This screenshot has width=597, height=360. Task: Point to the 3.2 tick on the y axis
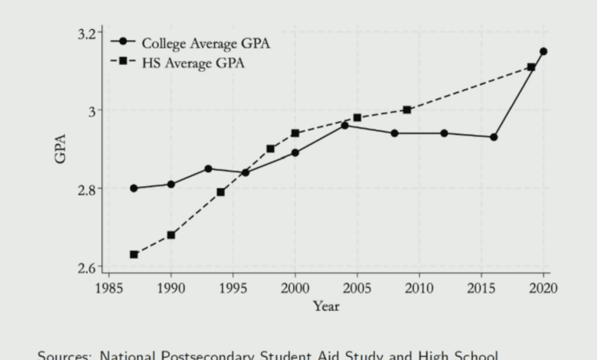pos(90,34)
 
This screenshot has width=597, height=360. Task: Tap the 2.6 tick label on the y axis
pos(90,267)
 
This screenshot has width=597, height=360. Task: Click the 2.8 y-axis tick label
pos(90,189)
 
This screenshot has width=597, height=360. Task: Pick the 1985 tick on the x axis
pos(109,288)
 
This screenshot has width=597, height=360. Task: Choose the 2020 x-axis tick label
pos(543,288)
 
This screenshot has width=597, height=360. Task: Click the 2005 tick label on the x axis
pos(357,288)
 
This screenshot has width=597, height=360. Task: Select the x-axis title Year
pos(325,306)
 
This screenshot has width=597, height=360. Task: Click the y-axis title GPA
pos(61,149)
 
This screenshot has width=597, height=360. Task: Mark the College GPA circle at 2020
pos(543,51)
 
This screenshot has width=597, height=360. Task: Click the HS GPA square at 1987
pos(134,254)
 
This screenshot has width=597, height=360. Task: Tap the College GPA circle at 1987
pos(134,188)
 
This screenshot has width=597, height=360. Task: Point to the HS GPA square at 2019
pos(531,67)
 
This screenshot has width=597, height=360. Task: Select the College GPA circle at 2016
pos(494,137)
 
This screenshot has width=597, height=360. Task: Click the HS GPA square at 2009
pos(406,110)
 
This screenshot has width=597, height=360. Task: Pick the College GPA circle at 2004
pos(344,125)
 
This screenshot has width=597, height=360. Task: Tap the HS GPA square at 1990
pos(171,234)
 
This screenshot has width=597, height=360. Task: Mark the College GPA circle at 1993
pos(208,169)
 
